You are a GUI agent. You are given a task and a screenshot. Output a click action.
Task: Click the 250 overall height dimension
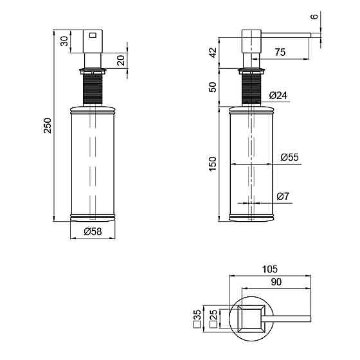tap(48, 125)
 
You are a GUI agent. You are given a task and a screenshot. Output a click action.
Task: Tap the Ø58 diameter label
tap(93, 231)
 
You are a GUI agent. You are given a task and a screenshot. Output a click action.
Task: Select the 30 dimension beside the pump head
tap(64, 41)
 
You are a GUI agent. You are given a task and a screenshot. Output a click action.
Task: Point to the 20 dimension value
tap(121, 60)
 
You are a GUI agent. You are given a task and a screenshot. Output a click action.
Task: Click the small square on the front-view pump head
tap(93, 35)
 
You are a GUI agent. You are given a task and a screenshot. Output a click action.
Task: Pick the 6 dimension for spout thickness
tap(314, 17)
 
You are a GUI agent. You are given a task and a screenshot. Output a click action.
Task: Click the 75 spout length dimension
tap(280, 52)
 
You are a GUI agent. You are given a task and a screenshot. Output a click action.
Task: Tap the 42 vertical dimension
tap(213, 52)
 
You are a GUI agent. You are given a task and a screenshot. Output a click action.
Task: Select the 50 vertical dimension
tap(213, 87)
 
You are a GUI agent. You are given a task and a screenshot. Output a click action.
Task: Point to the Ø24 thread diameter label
tap(278, 95)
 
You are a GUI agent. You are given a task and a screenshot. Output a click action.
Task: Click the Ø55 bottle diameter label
tap(289, 157)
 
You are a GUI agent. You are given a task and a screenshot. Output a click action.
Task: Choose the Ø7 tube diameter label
tap(283, 196)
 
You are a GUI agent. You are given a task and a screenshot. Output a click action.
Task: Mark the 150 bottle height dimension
tap(213, 164)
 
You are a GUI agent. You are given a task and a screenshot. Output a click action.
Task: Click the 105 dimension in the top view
tap(270, 269)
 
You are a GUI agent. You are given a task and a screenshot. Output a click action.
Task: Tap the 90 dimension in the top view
tap(276, 282)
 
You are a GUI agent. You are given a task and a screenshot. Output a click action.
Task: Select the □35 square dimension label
tap(197, 319)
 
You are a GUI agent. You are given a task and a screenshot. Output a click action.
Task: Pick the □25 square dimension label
tap(213, 318)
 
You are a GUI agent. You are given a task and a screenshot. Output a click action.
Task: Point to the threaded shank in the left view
tap(93, 89)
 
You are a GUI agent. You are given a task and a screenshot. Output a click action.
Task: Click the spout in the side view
tap(286, 35)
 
